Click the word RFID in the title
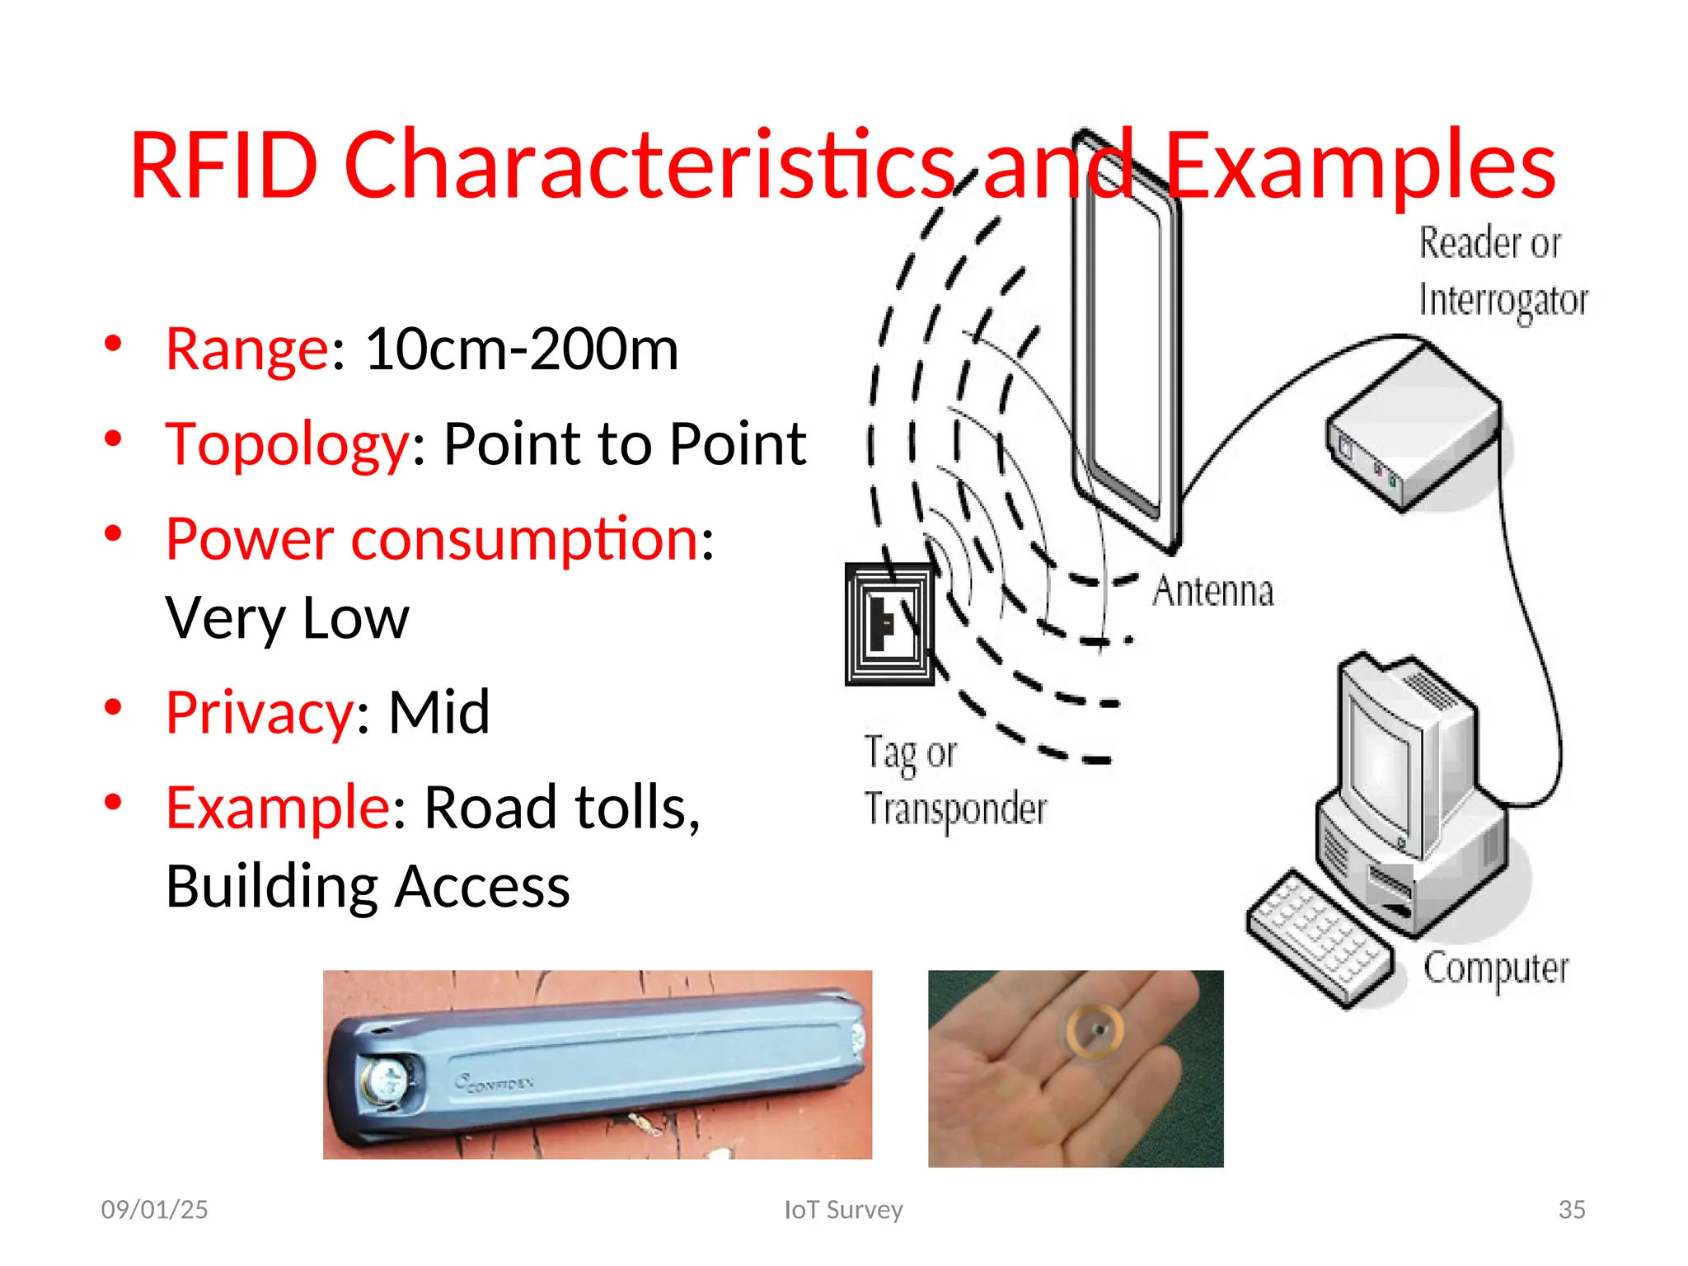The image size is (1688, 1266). (x=224, y=166)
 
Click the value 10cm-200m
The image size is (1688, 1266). (x=522, y=349)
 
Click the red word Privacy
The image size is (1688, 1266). (x=260, y=712)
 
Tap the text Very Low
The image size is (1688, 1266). (x=287, y=618)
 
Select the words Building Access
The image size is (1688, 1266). (x=368, y=887)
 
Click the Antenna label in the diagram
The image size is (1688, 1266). (x=1212, y=591)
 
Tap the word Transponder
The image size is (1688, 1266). (x=955, y=809)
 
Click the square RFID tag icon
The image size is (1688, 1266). (x=889, y=624)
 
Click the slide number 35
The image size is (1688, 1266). (x=1571, y=1209)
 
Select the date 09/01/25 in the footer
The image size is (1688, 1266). (x=154, y=1209)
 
